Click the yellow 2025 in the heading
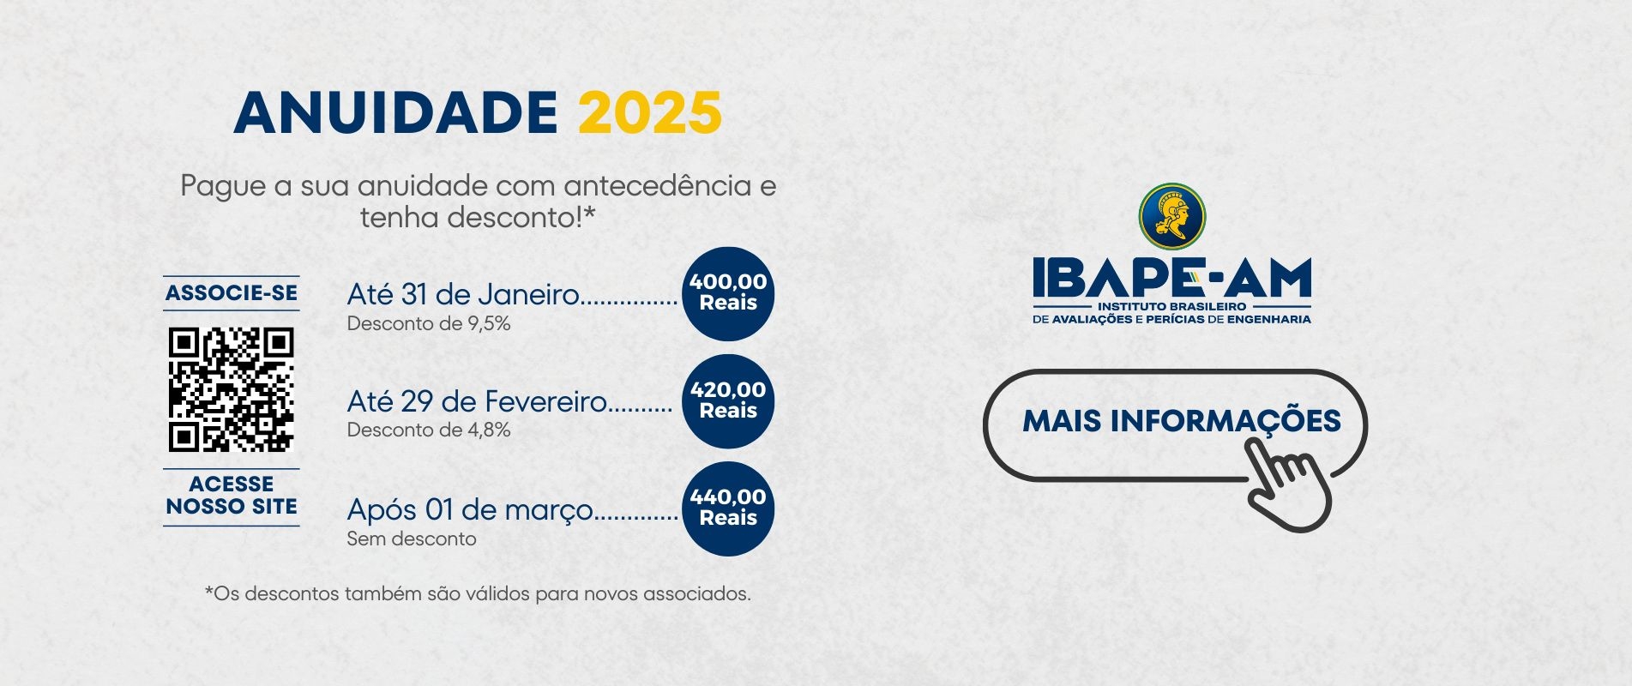coord(650,112)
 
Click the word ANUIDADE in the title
coord(396,112)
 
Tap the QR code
coord(232,389)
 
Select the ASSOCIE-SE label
coord(232,293)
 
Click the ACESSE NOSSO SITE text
coord(232,496)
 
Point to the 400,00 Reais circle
coord(728,293)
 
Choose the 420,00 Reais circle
coord(728,400)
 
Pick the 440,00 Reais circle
coord(728,508)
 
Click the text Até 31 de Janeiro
coord(463,294)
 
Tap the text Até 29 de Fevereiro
coord(477,401)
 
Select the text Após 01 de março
coord(470,510)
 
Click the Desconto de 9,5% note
coord(429,323)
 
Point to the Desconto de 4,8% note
coord(429,430)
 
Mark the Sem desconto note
coord(412,539)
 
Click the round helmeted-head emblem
coord(1172,216)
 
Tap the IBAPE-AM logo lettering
coord(1172,277)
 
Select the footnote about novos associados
coord(478,593)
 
